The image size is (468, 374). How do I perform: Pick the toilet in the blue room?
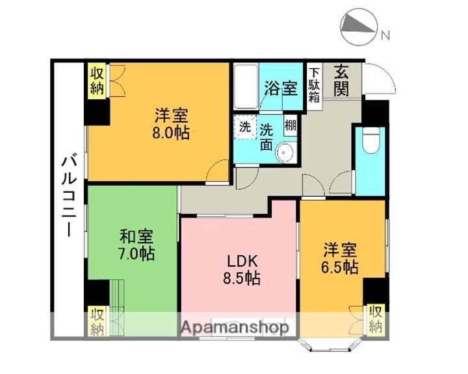coord(371,140)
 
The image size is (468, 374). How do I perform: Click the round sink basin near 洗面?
coord(284,153)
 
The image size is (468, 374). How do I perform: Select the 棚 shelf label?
coord(290,126)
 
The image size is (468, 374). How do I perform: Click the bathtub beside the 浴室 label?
coord(246,88)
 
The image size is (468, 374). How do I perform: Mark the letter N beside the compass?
coord(385,36)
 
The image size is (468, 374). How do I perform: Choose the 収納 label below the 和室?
coord(97,321)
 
